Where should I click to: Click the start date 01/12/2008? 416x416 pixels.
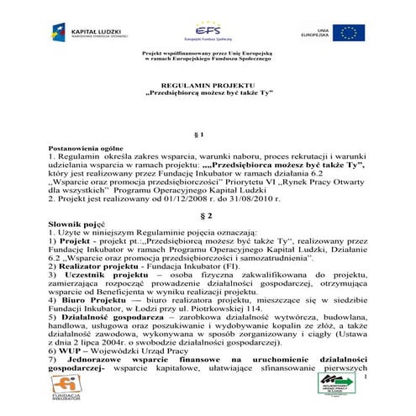pos(181,203)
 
